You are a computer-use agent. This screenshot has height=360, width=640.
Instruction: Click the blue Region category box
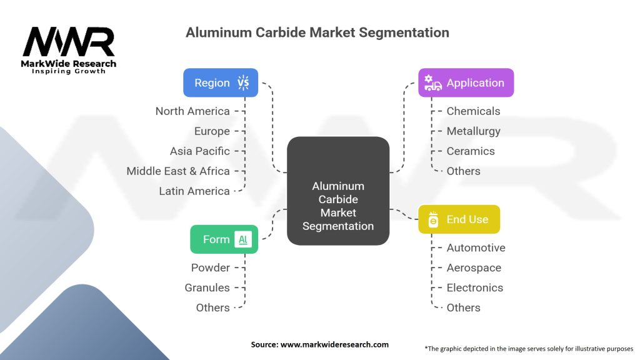221,82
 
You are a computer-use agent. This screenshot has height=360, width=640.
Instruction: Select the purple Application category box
466,82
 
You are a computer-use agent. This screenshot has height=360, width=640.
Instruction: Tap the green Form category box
224,239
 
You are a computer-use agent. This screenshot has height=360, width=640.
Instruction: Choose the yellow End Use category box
459,219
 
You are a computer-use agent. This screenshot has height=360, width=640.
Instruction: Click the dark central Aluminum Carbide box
338,191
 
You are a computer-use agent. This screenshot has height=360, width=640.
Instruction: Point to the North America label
192,111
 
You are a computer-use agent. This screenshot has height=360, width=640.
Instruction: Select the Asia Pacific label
200,151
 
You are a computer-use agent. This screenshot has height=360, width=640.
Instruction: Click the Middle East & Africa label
178,171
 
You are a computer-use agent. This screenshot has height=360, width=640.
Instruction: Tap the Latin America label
194,191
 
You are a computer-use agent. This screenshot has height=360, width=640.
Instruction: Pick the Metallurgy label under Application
474,131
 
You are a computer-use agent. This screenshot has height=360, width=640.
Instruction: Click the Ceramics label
471,151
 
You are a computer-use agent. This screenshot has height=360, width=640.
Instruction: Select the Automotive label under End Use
476,247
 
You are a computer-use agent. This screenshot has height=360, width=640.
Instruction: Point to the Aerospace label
474,267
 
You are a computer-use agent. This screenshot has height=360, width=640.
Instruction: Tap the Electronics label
475,287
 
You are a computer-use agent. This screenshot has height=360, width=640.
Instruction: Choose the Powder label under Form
211,267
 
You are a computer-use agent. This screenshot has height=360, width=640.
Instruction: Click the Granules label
207,287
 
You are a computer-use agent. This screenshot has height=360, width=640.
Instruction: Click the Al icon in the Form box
243,239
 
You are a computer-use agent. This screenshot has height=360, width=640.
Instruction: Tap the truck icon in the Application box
433,82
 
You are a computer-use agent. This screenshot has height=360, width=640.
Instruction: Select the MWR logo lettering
69,42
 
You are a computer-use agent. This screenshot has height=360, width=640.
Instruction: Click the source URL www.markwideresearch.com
335,344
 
